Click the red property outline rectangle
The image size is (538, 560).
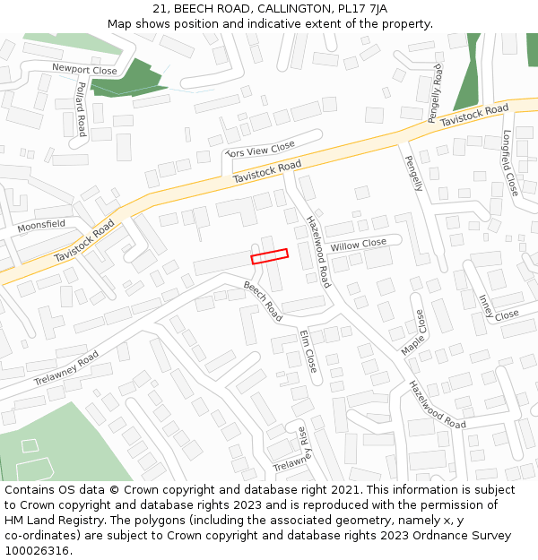pyautogui.click(x=270, y=255)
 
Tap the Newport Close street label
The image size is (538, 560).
pyautogui.click(x=84, y=69)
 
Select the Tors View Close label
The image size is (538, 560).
pyautogui.click(x=260, y=150)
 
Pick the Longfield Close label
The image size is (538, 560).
pyautogui.click(x=509, y=163)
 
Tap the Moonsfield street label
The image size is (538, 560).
pyautogui.click(x=41, y=225)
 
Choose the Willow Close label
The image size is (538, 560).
pyautogui.click(x=358, y=245)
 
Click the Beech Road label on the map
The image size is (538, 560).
pyautogui.click(x=263, y=301)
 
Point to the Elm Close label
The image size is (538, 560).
pyautogui.click(x=308, y=351)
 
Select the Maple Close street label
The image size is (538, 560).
pyautogui.click(x=413, y=332)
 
